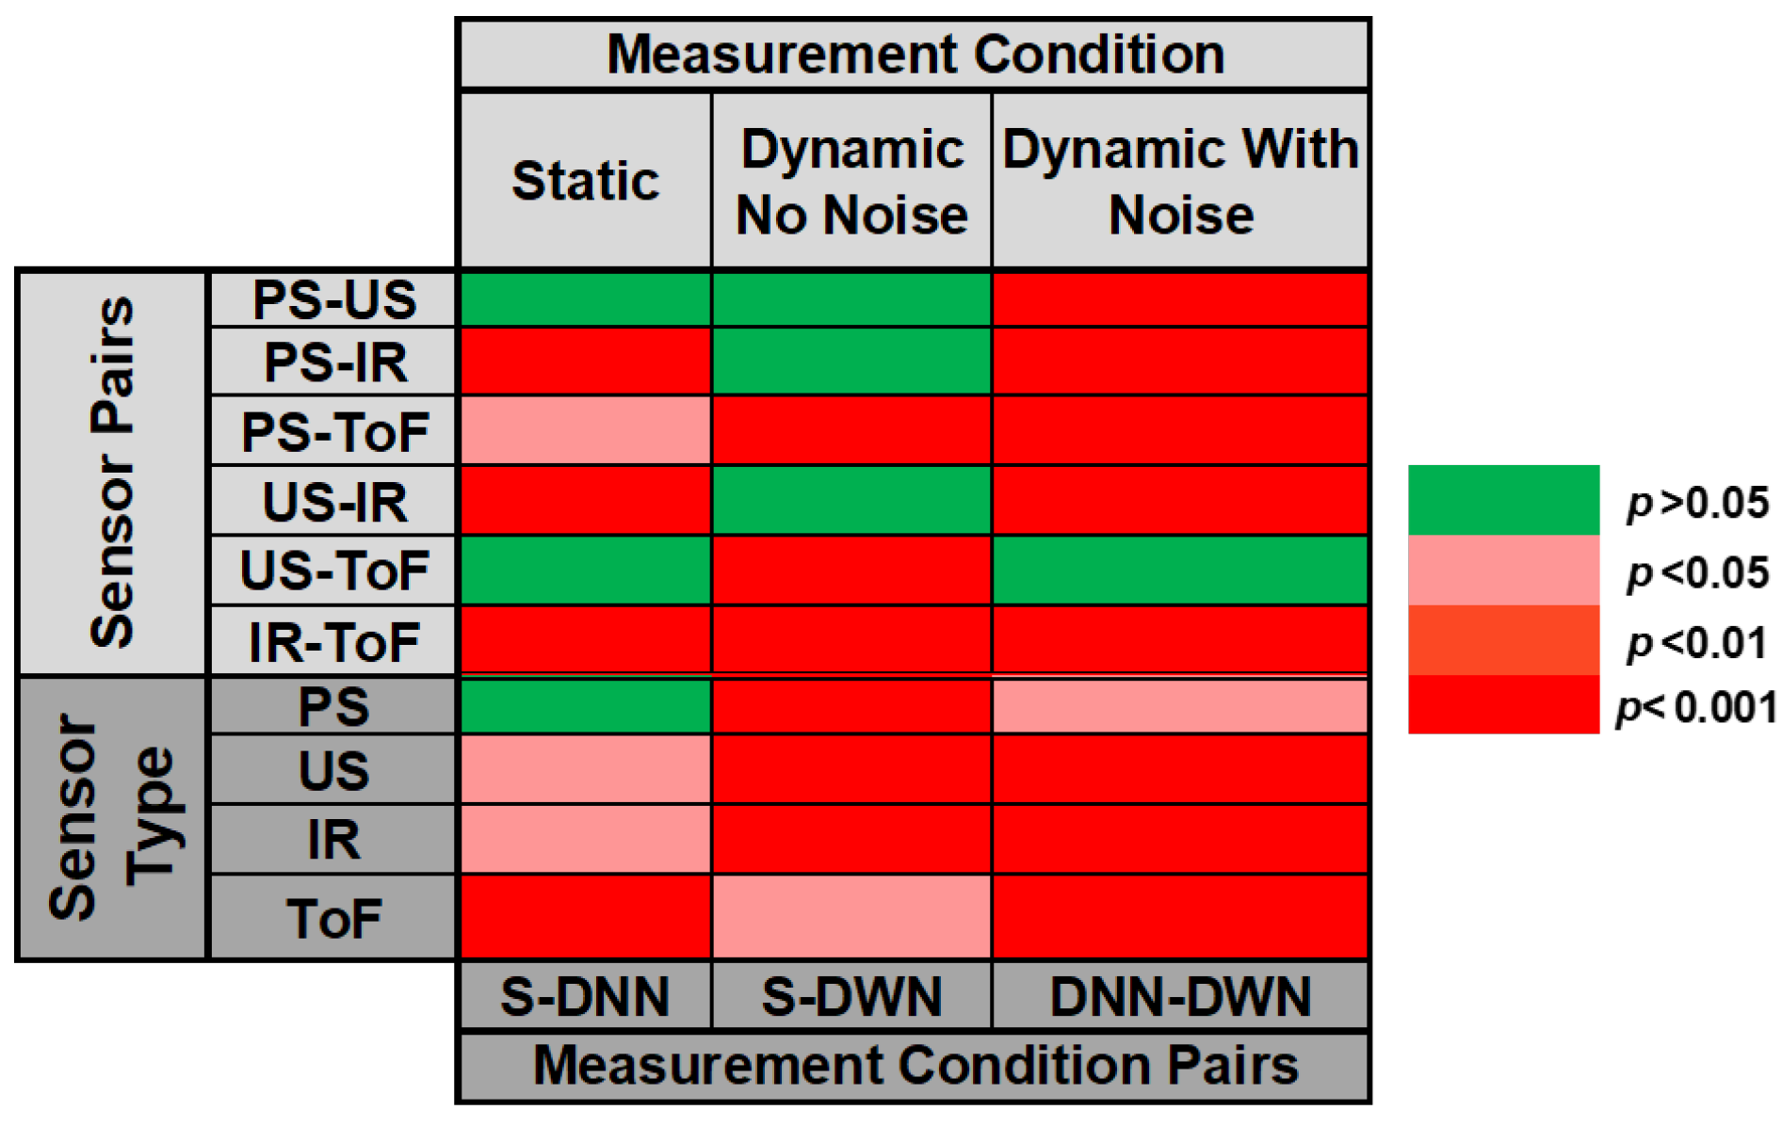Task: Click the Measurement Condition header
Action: [x=914, y=54]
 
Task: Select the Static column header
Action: [x=585, y=180]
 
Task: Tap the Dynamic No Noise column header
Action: [x=851, y=181]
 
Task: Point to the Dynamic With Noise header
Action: [x=1180, y=181]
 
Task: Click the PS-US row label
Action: [x=333, y=299]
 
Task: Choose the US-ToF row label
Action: [x=333, y=571]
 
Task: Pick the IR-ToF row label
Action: [x=333, y=642]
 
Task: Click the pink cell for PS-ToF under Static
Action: [x=585, y=430]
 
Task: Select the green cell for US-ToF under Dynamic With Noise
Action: [x=1180, y=571]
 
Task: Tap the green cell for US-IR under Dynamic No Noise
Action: [x=851, y=500]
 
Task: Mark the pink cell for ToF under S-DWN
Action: [x=851, y=917]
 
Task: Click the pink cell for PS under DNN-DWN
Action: [x=1180, y=706]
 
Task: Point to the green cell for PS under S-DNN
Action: [x=585, y=706]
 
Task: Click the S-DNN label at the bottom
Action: [x=585, y=996]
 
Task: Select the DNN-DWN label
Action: [x=1180, y=996]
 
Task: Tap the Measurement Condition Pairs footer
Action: [x=914, y=1066]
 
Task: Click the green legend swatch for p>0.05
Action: [x=1503, y=500]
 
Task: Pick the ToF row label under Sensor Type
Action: [x=333, y=918]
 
